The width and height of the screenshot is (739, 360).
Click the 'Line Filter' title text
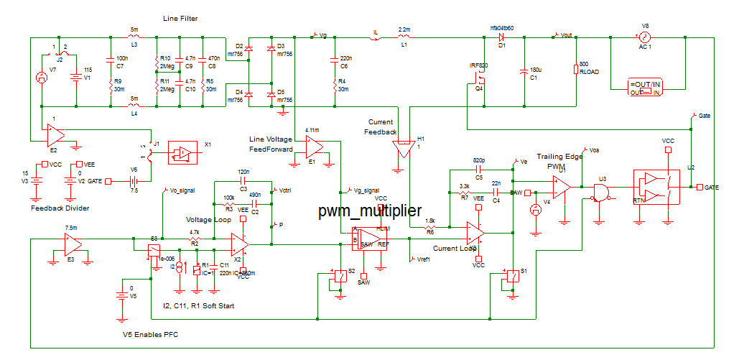(x=180, y=17)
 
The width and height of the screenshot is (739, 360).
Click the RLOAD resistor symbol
(x=575, y=69)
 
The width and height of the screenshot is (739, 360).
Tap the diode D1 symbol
(x=502, y=35)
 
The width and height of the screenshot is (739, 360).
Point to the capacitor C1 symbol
(x=524, y=72)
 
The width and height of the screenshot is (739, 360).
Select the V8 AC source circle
(x=644, y=36)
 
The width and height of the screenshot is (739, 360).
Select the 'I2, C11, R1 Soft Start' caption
(x=199, y=306)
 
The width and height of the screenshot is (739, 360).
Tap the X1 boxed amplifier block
(x=184, y=152)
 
